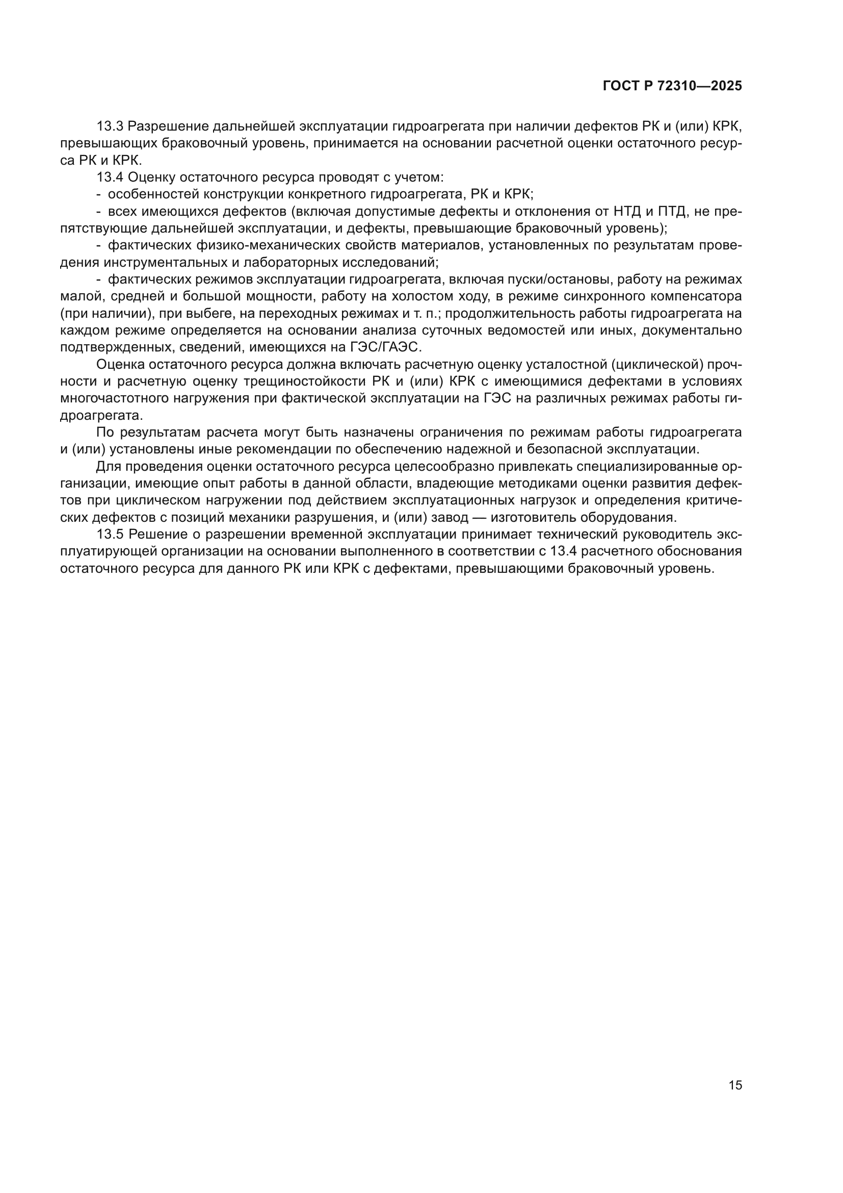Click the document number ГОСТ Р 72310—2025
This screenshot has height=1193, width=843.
click(x=672, y=86)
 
